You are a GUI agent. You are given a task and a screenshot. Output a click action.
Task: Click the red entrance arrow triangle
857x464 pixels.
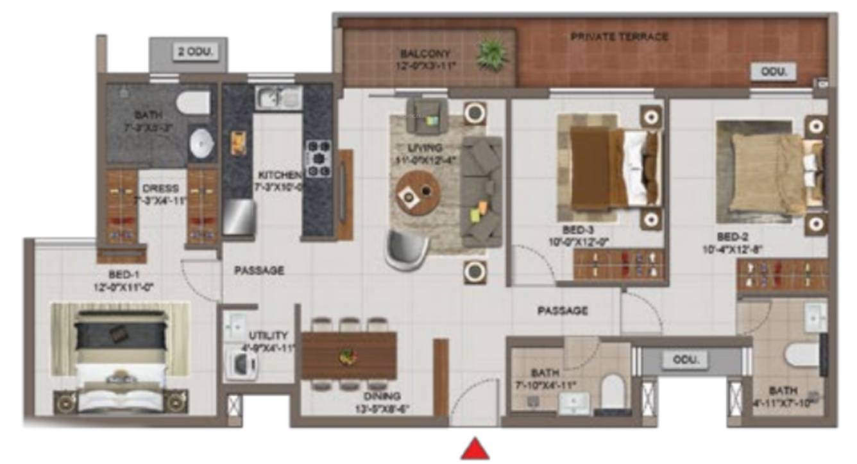pyautogui.click(x=475, y=449)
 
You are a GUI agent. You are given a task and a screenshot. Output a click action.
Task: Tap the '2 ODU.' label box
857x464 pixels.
pyautogui.click(x=195, y=51)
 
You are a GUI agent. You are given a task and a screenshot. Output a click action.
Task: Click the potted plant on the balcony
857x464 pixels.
pyautogui.click(x=492, y=54)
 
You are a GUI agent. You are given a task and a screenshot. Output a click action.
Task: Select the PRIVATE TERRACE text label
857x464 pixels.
pyautogui.click(x=619, y=37)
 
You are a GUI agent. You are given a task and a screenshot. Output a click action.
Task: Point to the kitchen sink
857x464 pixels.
pyautogui.click(x=278, y=98)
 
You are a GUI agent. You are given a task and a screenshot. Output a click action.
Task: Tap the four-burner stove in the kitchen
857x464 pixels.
pyautogui.click(x=318, y=158)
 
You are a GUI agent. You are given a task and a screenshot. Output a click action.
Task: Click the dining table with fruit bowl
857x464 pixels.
pyautogui.click(x=349, y=355)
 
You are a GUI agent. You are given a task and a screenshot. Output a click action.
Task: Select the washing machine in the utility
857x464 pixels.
pyautogui.click(x=241, y=365)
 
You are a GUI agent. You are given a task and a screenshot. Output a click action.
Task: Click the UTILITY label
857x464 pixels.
pyautogui.click(x=269, y=335)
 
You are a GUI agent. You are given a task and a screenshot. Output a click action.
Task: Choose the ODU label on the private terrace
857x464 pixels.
pyautogui.click(x=773, y=72)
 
